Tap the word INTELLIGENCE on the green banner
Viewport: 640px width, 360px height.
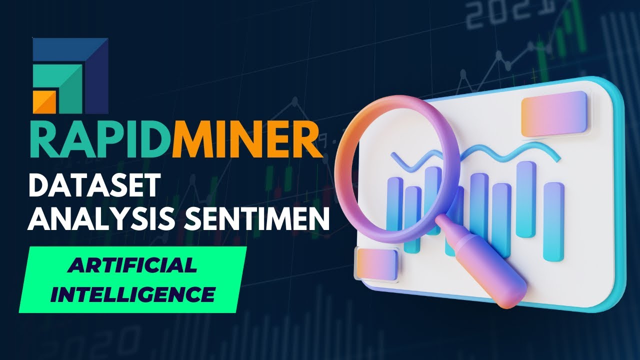[133, 293]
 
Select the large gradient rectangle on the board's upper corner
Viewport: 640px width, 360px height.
[553, 114]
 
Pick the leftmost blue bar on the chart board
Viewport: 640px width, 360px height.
[394, 210]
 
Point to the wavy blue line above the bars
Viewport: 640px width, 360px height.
[500, 152]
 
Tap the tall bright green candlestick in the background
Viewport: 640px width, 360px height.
[580, 30]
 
